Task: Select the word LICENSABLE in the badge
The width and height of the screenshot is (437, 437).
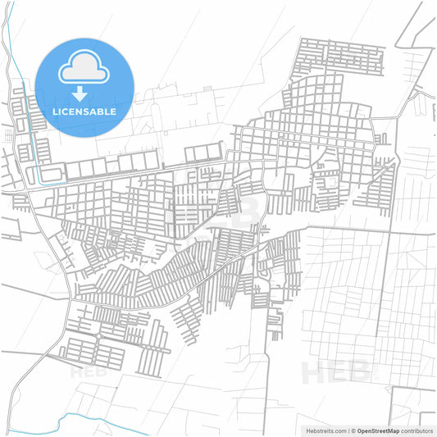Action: (x=84, y=111)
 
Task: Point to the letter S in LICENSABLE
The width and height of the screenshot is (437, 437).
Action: (x=89, y=111)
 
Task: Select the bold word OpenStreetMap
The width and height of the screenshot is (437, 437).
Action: (x=378, y=430)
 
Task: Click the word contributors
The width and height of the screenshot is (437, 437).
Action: (x=417, y=430)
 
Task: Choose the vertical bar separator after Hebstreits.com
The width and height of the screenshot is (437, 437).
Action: (x=347, y=430)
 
